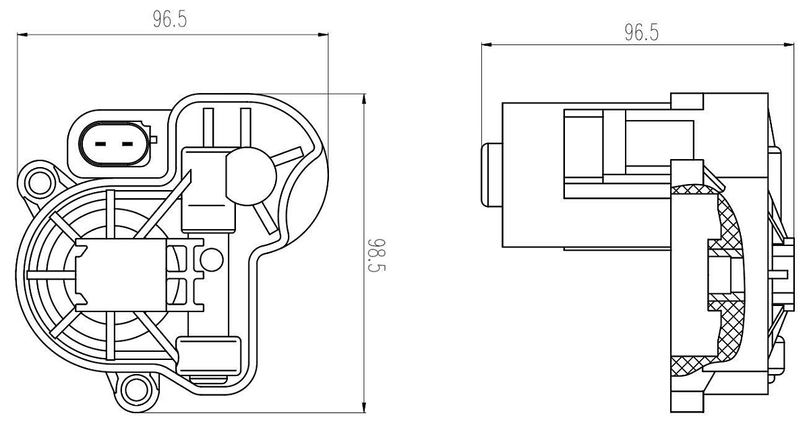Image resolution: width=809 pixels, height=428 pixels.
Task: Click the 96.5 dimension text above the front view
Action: [170, 19]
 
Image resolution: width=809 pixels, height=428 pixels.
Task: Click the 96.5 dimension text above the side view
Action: [642, 32]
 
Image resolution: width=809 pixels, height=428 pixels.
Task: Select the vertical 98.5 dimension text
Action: [377, 255]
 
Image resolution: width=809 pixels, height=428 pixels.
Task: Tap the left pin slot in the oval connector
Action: [100, 144]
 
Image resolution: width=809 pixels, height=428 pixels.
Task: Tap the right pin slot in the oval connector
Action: [127, 144]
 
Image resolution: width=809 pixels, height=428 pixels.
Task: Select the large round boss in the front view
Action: [251, 177]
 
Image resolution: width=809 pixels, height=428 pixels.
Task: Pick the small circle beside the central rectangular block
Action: [212, 259]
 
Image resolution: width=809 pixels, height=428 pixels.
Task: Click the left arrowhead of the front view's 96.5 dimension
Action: [22, 34]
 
